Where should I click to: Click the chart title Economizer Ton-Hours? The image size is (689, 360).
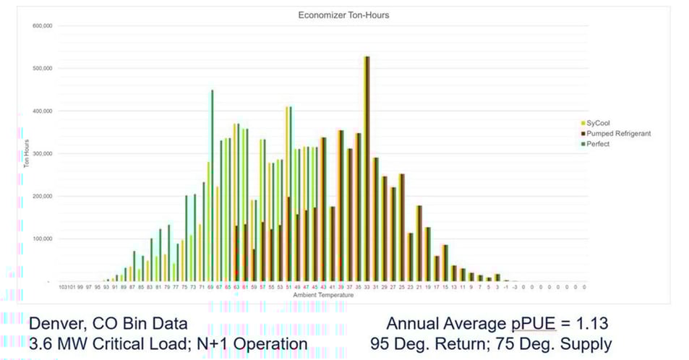point(335,15)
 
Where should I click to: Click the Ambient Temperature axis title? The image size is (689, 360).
point(323,296)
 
